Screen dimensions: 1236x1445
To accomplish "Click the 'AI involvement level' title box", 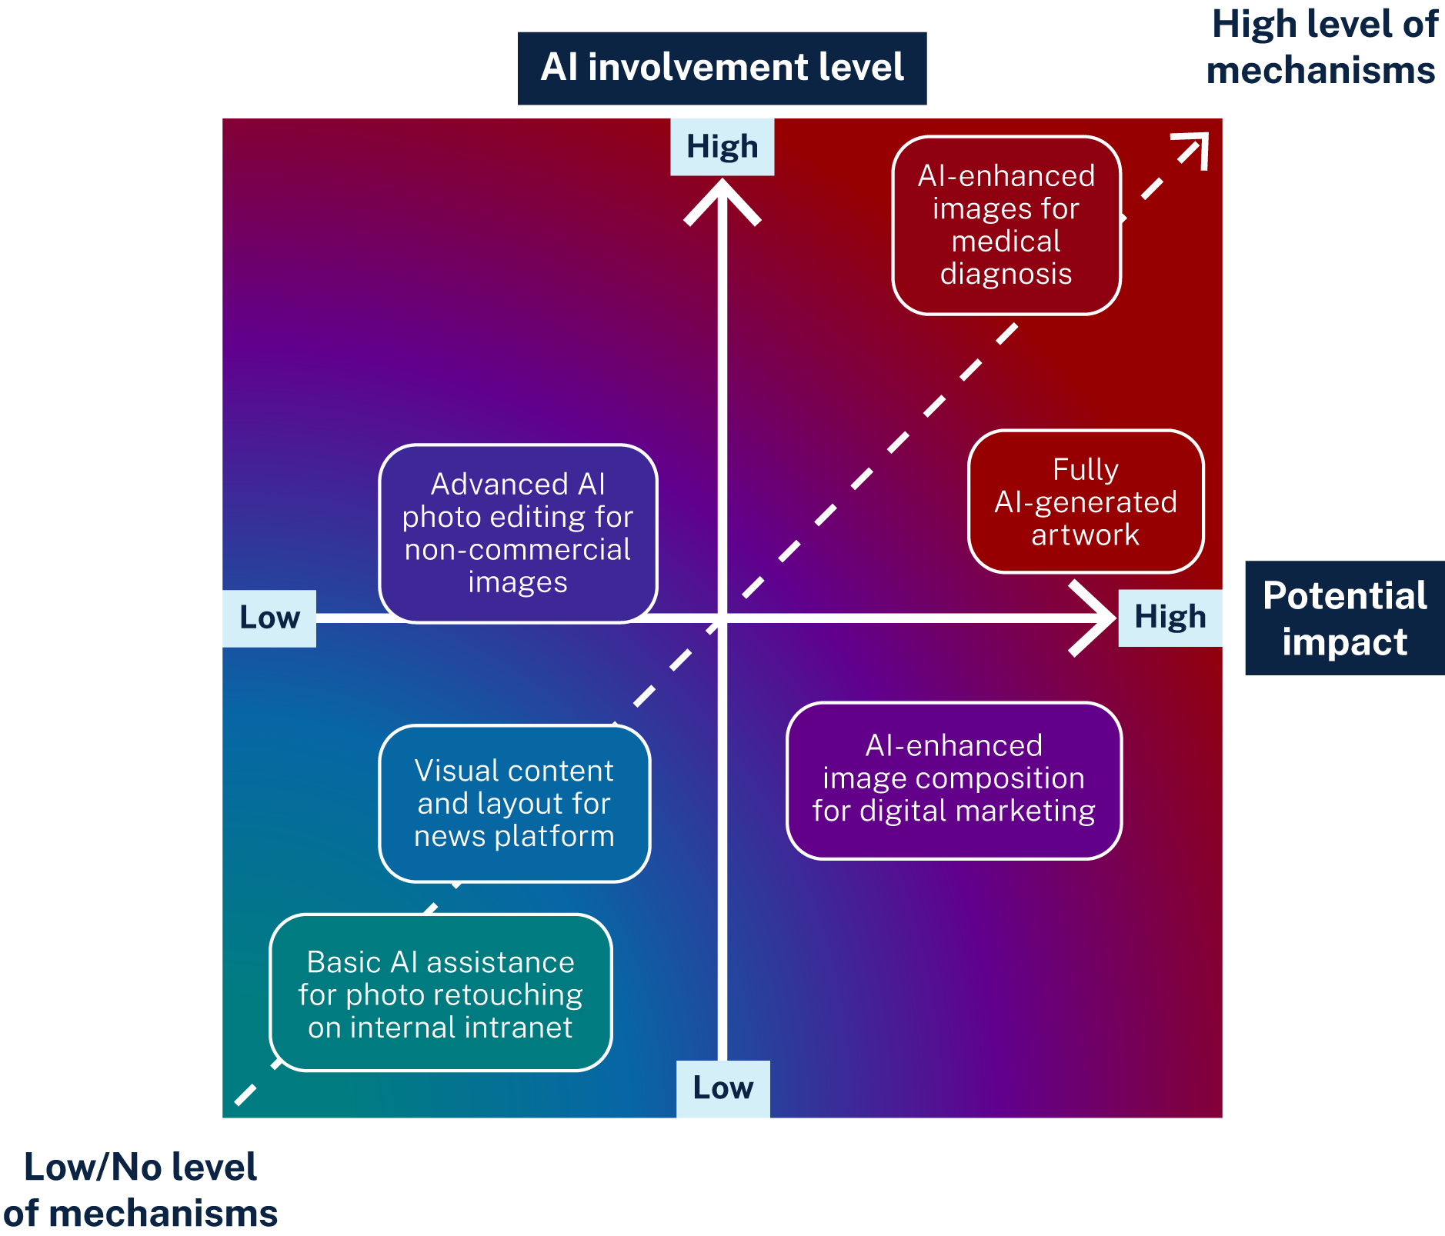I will click(722, 68).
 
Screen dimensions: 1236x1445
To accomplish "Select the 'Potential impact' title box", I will click(1344, 618).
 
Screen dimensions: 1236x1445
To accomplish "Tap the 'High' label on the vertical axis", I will click(722, 146).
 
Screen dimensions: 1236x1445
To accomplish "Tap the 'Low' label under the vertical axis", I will click(722, 1088).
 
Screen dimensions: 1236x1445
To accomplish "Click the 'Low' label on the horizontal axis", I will click(269, 618).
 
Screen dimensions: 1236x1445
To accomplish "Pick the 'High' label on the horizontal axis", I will click(1170, 618).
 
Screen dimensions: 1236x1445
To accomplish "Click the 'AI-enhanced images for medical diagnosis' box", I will click(1006, 225).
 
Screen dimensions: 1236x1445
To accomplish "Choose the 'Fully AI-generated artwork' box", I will click(1085, 501).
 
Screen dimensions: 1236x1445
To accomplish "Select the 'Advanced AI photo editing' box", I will click(517, 533).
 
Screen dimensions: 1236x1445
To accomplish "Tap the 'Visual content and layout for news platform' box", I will click(514, 803).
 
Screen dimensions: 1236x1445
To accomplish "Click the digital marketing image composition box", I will click(953, 779).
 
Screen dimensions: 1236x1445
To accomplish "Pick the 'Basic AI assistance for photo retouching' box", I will click(440, 993).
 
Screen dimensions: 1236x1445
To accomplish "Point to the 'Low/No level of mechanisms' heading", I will click(140, 1190).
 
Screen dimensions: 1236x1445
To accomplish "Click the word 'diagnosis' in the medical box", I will click(1006, 275).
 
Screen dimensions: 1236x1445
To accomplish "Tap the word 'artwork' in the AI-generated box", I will click(1085, 535).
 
